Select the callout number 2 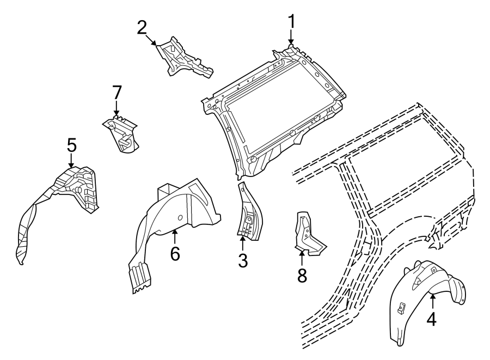pos(142,27)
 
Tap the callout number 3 pos(242,261)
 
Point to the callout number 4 pos(431,320)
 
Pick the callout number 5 pos(71,145)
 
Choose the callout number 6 pos(175,254)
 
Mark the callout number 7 pos(115,93)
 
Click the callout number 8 pos(302,275)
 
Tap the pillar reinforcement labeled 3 pos(248,215)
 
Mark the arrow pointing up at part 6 pos(175,237)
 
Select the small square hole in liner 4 pos(401,308)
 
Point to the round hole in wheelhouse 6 pos(179,218)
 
